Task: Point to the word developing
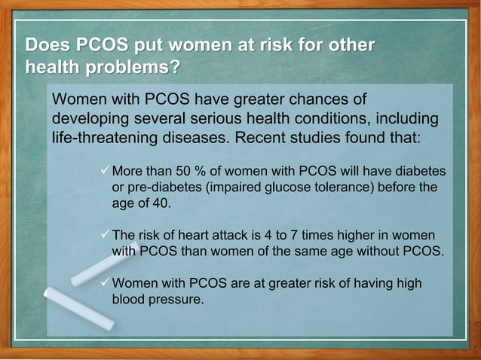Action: tap(89, 120)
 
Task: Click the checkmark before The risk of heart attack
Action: tap(106, 234)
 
